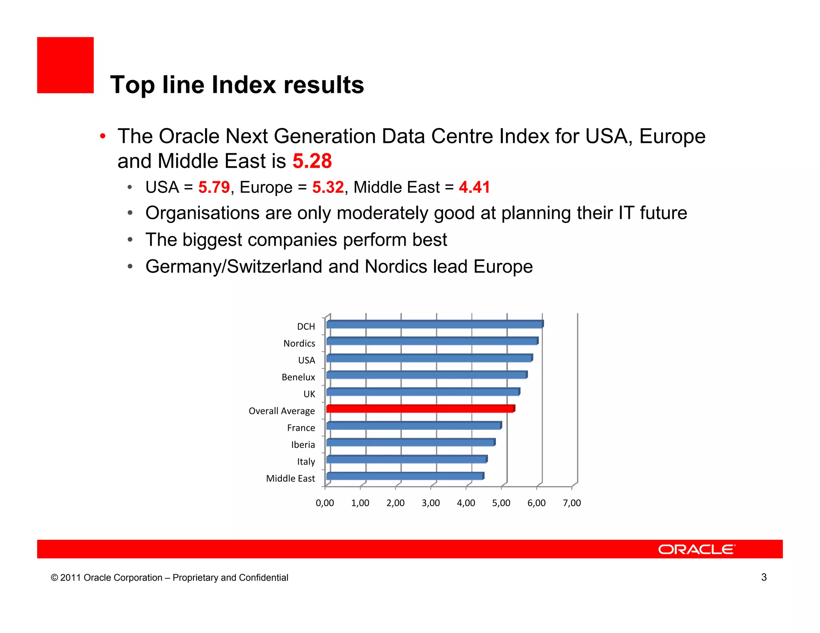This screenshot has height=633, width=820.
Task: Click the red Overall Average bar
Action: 420,409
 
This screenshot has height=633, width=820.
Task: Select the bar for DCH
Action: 434,325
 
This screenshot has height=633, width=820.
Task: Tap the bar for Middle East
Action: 405,476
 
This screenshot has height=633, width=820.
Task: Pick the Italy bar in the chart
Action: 406,459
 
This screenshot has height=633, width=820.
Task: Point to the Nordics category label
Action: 299,343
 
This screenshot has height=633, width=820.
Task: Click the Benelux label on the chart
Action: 298,377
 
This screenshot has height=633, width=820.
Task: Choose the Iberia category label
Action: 303,445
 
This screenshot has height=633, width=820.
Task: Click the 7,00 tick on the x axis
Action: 571,503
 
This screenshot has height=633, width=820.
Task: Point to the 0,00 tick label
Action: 325,503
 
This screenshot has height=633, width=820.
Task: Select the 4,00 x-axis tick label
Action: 466,503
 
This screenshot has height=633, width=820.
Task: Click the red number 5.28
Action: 312,161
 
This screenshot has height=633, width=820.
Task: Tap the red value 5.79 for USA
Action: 214,187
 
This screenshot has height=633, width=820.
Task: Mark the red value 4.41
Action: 474,187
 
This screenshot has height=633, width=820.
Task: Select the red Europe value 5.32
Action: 328,187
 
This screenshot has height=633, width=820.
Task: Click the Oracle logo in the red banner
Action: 696,549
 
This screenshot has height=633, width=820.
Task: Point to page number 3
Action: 764,577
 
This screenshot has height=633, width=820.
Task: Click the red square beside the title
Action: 65,65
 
